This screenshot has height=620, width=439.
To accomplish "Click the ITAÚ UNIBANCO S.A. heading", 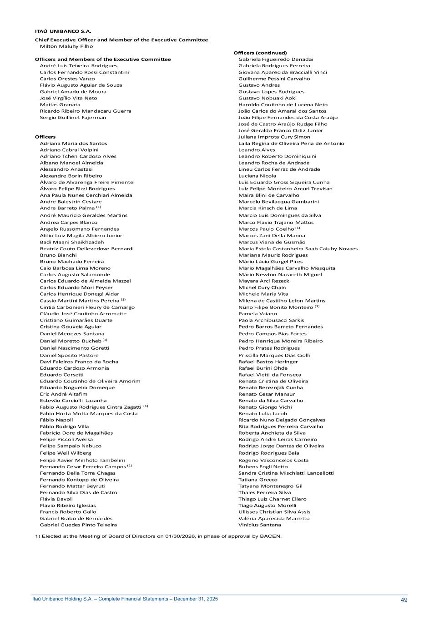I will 63,31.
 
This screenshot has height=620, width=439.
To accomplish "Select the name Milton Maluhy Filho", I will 66,46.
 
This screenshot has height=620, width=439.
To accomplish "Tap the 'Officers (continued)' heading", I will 260,53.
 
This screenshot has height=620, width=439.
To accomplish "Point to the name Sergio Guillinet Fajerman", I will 73,118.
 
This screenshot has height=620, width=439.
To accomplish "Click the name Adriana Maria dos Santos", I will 73,144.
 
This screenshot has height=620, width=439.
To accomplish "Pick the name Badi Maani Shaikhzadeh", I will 72,242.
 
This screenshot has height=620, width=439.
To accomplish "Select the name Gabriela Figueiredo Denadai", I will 276,60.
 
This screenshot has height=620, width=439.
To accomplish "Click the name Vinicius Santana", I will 259,525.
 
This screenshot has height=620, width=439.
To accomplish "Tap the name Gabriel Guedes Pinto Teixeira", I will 78,525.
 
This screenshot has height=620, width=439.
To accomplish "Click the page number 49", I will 404,600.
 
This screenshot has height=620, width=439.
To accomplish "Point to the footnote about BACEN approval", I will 158,536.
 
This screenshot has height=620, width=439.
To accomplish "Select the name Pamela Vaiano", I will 257,314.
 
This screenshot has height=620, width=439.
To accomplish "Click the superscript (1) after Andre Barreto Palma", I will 99,207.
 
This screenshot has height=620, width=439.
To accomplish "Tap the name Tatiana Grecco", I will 257,480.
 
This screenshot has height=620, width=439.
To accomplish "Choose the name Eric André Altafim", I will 63,394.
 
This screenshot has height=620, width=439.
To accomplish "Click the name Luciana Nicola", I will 257,176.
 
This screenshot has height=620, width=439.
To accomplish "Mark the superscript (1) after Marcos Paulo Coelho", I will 298,228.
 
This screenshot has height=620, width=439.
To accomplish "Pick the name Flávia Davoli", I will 56,499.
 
